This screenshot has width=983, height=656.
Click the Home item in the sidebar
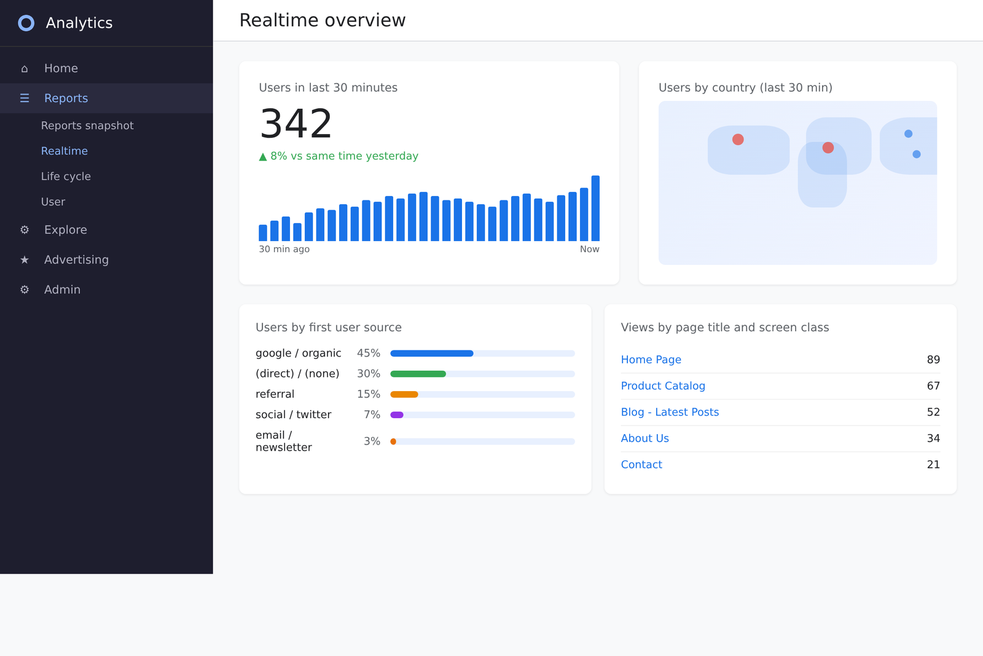click(x=61, y=68)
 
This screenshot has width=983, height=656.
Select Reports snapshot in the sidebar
click(x=87, y=125)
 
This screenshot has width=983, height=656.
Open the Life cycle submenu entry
click(x=66, y=176)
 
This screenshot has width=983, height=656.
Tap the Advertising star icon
click(x=25, y=260)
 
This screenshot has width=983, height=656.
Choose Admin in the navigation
click(x=62, y=290)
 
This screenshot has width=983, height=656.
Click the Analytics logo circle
click(x=26, y=23)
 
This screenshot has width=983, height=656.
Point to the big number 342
click(x=296, y=124)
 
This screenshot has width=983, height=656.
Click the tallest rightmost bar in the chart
click(x=595, y=208)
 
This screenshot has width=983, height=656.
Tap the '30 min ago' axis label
click(x=284, y=249)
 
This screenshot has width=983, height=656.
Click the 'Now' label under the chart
click(x=589, y=249)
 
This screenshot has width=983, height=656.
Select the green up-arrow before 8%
click(x=263, y=157)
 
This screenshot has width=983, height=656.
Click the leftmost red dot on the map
click(x=738, y=140)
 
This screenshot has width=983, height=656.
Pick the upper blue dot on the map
click(x=908, y=133)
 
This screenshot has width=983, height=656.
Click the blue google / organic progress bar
click(x=431, y=354)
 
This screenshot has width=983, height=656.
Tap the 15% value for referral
click(x=368, y=394)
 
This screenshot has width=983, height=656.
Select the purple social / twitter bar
click(x=397, y=415)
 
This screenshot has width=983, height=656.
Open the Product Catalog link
click(x=662, y=386)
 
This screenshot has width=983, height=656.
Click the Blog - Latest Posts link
click(x=669, y=412)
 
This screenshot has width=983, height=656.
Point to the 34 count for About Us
click(x=933, y=438)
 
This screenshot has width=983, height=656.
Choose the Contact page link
click(x=641, y=465)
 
